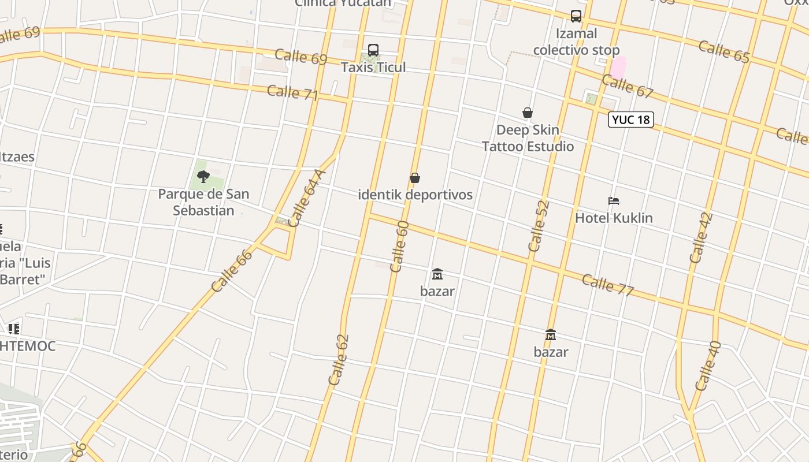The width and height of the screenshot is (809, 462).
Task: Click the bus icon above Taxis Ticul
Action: pyautogui.click(x=373, y=50)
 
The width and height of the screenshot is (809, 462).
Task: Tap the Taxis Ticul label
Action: pyautogui.click(x=373, y=67)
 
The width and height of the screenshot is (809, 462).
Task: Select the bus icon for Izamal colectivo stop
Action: pyautogui.click(x=576, y=16)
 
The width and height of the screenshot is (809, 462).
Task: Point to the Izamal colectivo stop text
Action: pyautogui.click(x=576, y=42)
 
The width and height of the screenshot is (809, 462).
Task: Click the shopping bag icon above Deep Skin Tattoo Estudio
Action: pyautogui.click(x=528, y=113)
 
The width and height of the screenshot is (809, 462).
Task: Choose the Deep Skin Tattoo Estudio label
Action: pyautogui.click(x=528, y=138)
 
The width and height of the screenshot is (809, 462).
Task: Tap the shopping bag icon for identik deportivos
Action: pyautogui.click(x=415, y=178)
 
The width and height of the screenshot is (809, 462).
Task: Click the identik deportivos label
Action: pyautogui.click(x=415, y=195)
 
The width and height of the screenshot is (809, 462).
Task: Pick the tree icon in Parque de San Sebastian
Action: pyautogui.click(x=203, y=177)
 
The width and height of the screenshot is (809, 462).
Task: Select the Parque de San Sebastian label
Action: pyautogui.click(x=203, y=202)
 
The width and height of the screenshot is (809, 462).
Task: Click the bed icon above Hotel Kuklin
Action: pyautogui.click(x=614, y=201)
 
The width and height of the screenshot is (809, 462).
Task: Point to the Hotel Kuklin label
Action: pyautogui.click(x=614, y=218)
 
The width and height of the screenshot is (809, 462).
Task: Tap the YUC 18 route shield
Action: pyautogui.click(x=631, y=120)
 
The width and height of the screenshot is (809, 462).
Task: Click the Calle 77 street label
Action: pyautogui.click(x=608, y=285)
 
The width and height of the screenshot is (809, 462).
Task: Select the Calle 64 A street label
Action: pyautogui.click(x=307, y=198)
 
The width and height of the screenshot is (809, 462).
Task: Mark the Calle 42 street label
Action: pyautogui.click(x=702, y=238)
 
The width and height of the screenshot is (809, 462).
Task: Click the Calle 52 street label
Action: pyautogui.click(x=538, y=226)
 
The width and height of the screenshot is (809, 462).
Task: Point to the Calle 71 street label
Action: pyautogui.click(x=293, y=92)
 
